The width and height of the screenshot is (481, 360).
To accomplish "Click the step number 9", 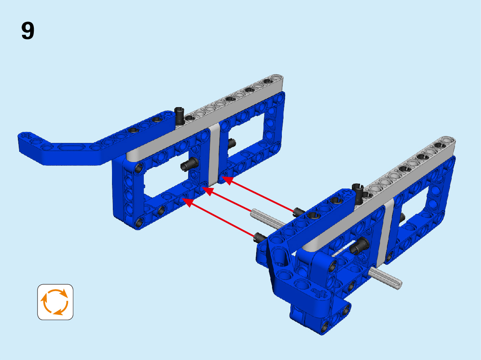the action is tap(28, 31).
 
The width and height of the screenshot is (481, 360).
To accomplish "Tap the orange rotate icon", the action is tap(55, 302).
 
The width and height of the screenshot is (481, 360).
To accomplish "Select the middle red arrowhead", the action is tap(208, 191).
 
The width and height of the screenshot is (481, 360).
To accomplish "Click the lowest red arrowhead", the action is tap(188, 202).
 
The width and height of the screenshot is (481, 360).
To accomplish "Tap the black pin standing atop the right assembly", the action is tap(358, 193).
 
